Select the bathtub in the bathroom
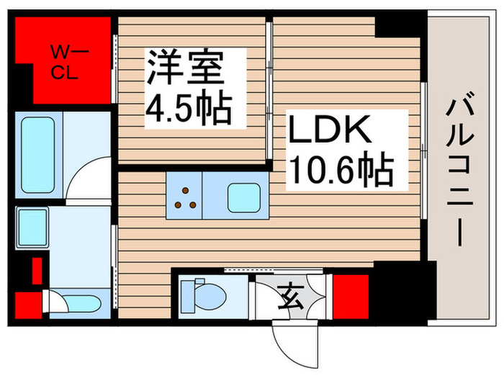[38, 155]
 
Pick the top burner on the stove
[185, 192]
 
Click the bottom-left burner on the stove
[177, 205]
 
